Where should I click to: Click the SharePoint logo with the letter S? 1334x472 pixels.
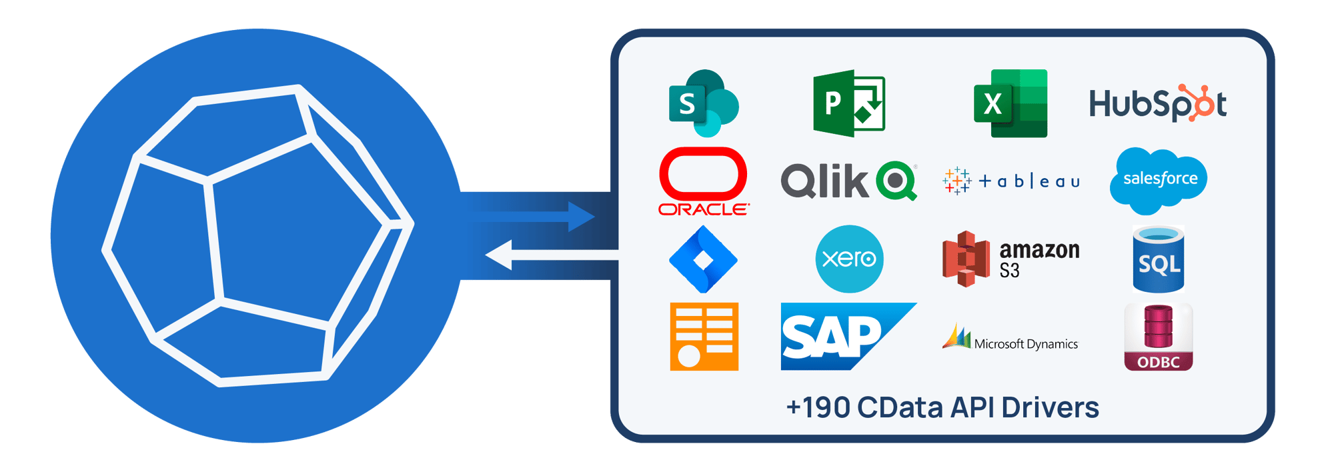click(x=703, y=103)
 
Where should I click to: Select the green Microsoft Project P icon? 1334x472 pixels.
click(x=848, y=103)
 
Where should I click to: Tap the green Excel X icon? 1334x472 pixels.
click(x=1010, y=103)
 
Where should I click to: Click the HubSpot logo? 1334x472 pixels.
click(x=1157, y=104)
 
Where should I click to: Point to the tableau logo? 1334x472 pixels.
click(x=1011, y=181)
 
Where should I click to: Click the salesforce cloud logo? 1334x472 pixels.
click(x=1159, y=180)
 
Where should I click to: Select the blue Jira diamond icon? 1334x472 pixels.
click(x=703, y=259)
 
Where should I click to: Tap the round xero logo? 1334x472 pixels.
click(x=849, y=259)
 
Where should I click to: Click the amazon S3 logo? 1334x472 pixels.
click(x=1011, y=259)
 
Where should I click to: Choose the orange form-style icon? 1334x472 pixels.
click(x=704, y=337)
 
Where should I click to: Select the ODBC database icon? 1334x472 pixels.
click(x=1159, y=337)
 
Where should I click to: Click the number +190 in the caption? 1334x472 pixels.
click(x=817, y=408)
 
